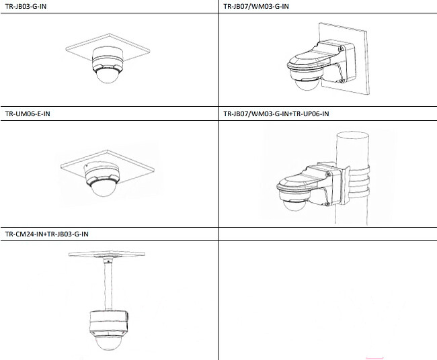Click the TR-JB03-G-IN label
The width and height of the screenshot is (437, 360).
click(26, 6)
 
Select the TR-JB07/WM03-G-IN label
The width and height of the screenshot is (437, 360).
click(256, 6)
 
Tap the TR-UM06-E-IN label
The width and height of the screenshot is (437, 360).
click(28, 114)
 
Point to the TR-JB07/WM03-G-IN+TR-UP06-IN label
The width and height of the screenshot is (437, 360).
click(276, 114)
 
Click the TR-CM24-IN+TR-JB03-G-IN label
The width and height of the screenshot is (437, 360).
click(46, 234)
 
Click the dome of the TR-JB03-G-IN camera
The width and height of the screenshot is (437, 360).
click(108, 76)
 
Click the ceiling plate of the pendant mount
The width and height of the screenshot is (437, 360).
click(107, 254)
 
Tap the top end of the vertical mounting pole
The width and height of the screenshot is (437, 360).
click(353, 135)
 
